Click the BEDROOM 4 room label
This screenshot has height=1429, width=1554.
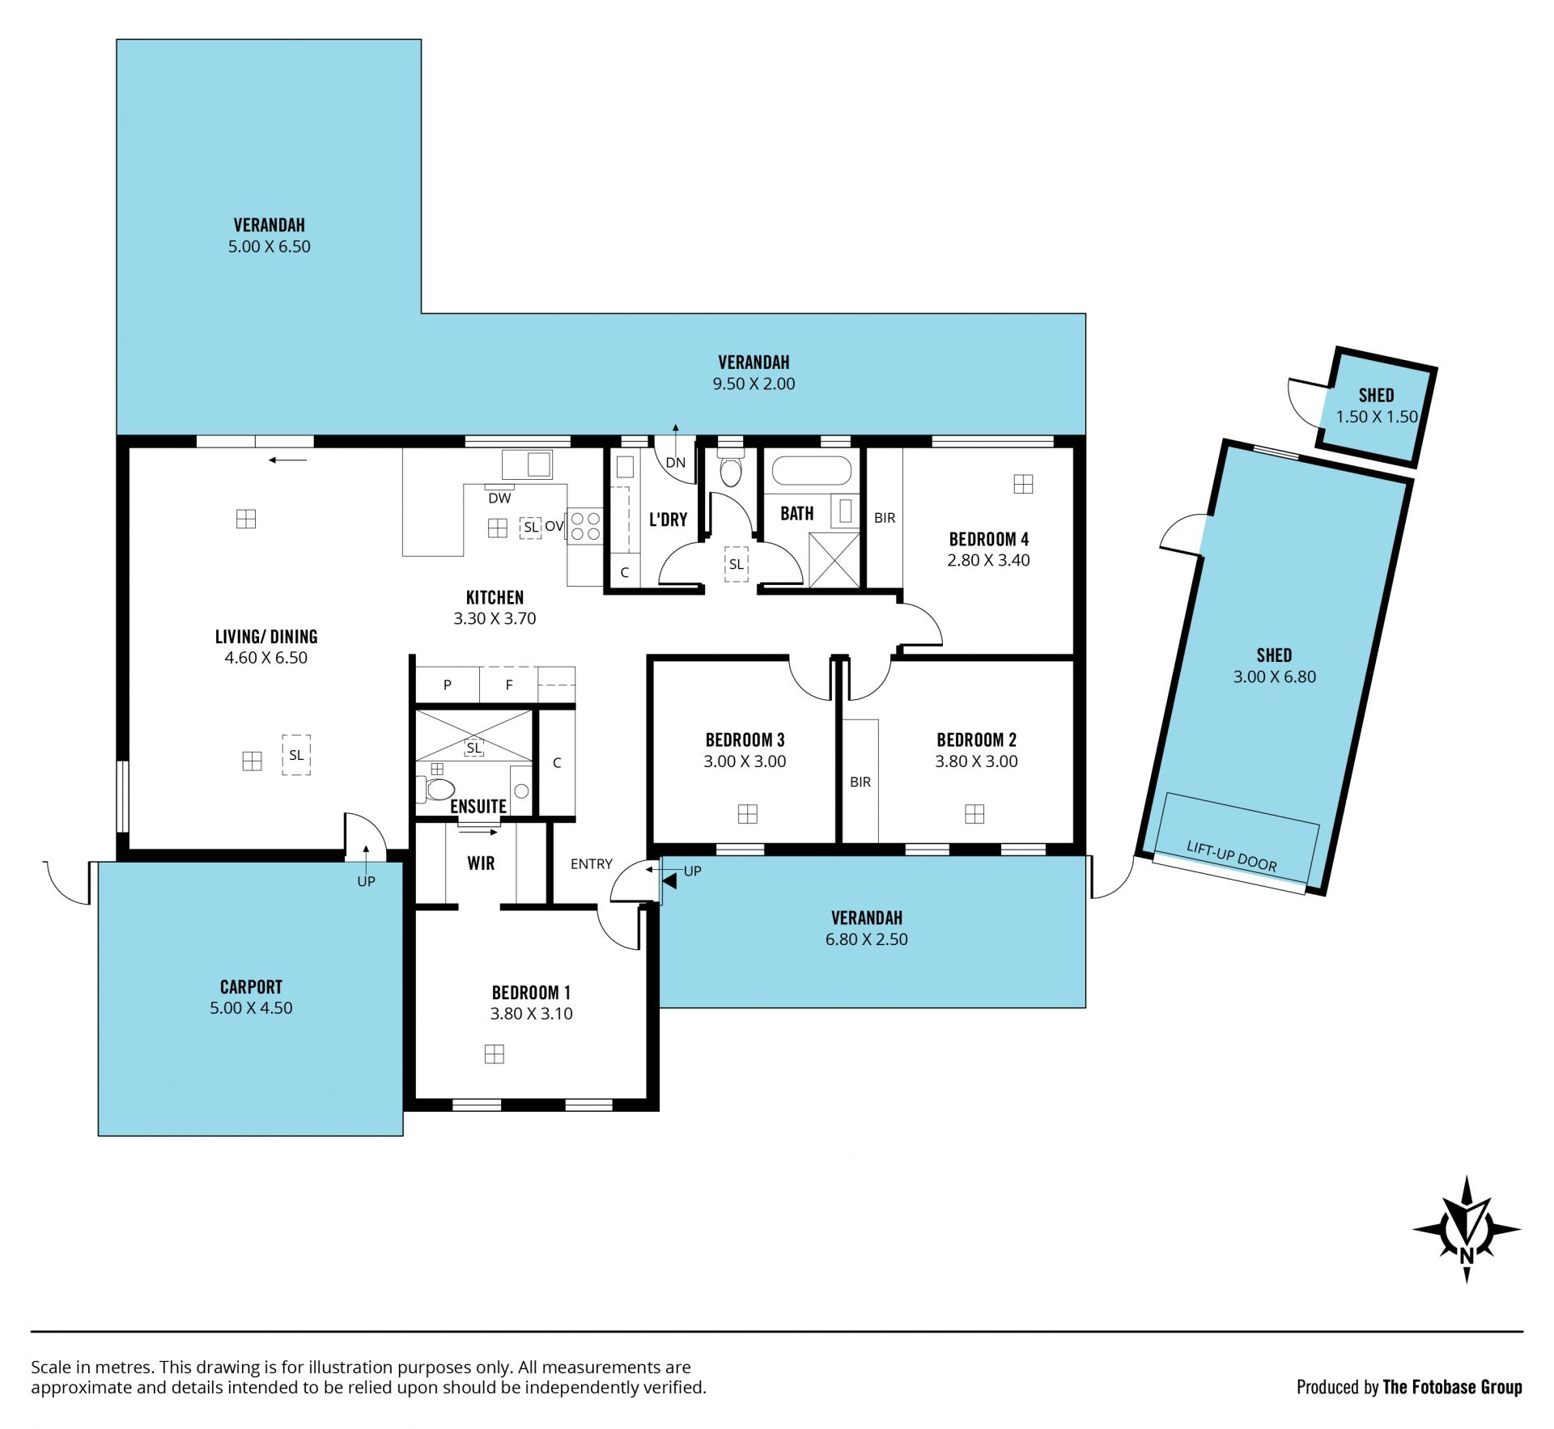[x=988, y=539]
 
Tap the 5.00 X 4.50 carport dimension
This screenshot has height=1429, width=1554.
[x=251, y=1008]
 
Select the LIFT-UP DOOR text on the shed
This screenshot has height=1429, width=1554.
[x=1231, y=856]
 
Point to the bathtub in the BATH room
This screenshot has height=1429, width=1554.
[x=812, y=471]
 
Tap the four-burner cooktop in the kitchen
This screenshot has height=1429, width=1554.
[x=584, y=524]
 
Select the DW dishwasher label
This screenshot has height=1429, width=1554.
[x=499, y=498]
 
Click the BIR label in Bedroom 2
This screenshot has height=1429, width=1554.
[x=860, y=782]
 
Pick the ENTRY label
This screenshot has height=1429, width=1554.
[x=592, y=863]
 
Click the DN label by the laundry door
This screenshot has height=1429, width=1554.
[x=676, y=463]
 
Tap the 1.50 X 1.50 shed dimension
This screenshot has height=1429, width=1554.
[x=1377, y=417]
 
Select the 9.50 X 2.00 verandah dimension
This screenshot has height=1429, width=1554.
[x=754, y=384]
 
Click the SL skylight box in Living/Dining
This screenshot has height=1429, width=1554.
[x=296, y=755]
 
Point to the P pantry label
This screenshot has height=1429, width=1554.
[x=448, y=685]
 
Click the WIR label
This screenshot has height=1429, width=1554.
[x=481, y=863]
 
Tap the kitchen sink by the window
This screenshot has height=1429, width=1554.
[x=527, y=464]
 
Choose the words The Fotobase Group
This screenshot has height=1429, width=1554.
[x=1452, y=1387]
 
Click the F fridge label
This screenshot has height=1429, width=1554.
[x=509, y=685]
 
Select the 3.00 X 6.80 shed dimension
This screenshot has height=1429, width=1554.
[x=1275, y=676]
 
